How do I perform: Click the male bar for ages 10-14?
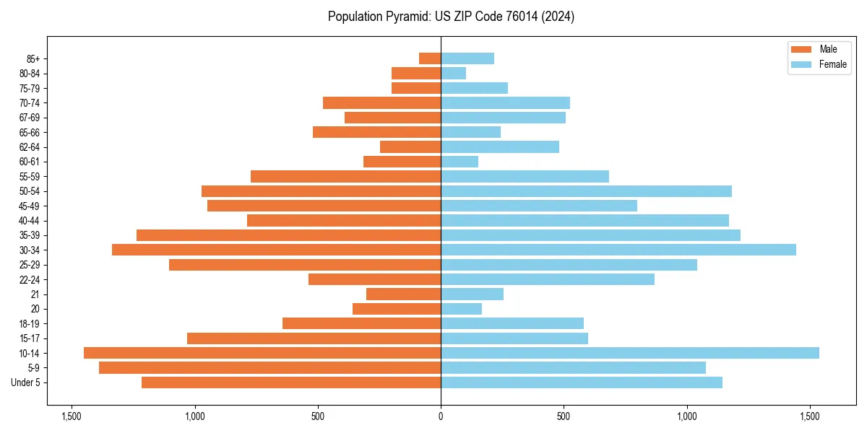[262, 353]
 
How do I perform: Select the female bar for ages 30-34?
[618, 250]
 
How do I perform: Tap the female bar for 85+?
[467, 58]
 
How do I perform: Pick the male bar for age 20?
[397, 309]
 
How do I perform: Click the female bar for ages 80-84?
[454, 73]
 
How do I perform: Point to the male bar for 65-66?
[376, 132]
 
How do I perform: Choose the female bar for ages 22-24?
[548, 279]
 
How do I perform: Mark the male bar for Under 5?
[291, 382]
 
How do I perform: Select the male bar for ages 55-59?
[345, 176]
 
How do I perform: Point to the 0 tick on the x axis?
[441, 416]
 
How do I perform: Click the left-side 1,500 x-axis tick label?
[72, 416]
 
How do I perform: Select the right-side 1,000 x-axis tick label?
[687, 416]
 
